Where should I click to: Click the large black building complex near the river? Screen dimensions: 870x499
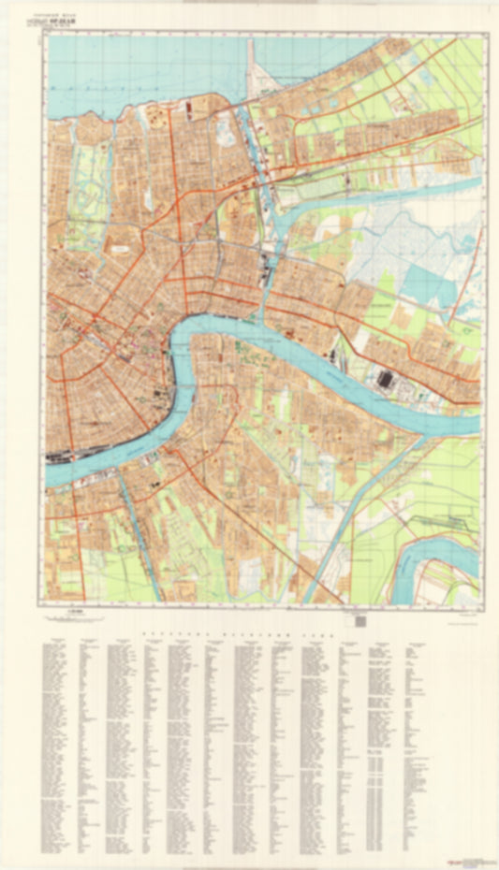pyautogui.click(x=384, y=379)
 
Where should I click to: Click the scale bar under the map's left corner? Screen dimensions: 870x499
pyautogui.click(x=73, y=616)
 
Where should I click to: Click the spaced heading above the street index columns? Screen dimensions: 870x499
pyautogui.click(x=249, y=634)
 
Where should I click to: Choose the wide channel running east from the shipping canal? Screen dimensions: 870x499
pyautogui.click(x=374, y=196)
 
